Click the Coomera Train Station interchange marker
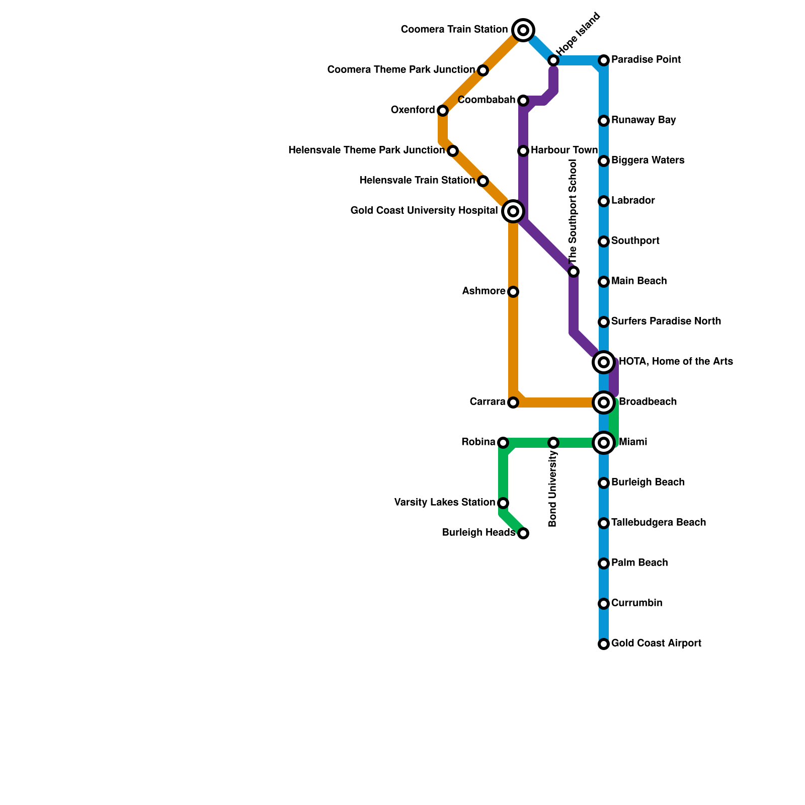(x=523, y=30)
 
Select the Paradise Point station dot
(x=604, y=60)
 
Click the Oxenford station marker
(x=443, y=110)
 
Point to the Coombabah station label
(x=487, y=100)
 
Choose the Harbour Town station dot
(x=523, y=150)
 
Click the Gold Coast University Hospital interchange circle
(x=513, y=211)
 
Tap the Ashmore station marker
(x=513, y=292)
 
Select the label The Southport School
(x=573, y=211)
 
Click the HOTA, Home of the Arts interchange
(x=604, y=362)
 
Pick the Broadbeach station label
(x=648, y=402)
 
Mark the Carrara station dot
(x=513, y=403)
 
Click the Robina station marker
(x=503, y=443)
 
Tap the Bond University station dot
(x=553, y=443)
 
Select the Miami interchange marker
(x=604, y=443)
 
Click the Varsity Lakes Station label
(x=444, y=503)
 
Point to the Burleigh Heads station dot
(x=523, y=533)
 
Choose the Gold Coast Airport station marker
(x=604, y=644)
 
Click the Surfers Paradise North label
(x=666, y=321)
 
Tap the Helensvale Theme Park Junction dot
(x=453, y=151)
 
